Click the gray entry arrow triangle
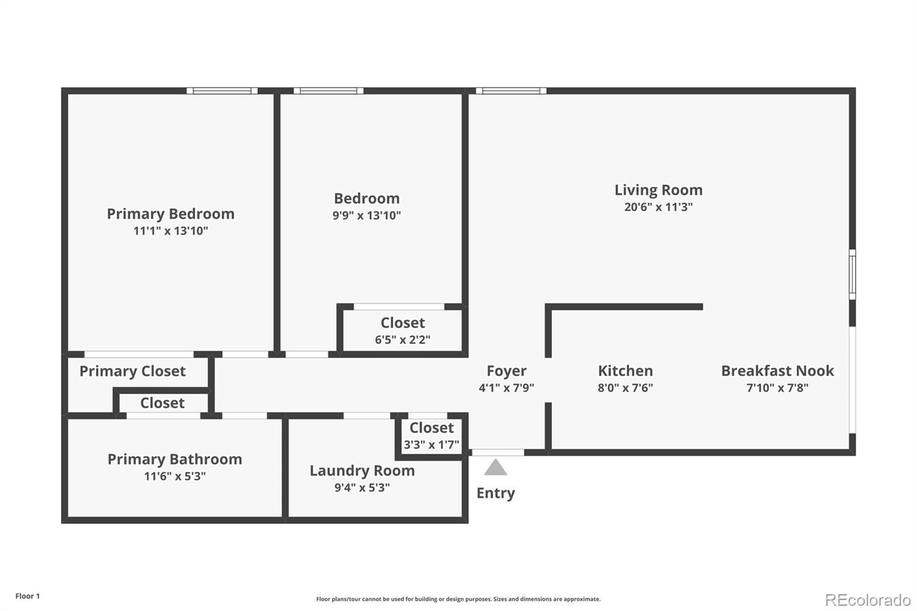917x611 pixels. (495, 468)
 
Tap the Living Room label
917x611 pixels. (658, 190)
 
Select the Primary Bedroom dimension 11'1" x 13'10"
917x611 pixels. (171, 230)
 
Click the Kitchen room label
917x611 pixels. (625, 371)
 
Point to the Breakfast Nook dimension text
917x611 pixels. (777, 387)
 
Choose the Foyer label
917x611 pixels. (506, 371)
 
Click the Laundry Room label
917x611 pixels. (362, 471)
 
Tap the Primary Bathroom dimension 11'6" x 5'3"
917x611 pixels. (175, 476)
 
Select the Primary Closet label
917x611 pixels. (132, 371)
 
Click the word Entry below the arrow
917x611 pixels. (496, 493)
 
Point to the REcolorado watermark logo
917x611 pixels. (868, 600)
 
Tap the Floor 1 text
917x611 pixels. (28, 596)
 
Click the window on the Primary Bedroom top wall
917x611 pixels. (222, 91)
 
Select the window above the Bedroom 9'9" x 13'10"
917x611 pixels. (328, 91)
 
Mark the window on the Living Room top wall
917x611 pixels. (511, 91)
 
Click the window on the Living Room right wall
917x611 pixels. (852, 274)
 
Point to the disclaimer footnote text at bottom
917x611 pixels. (458, 599)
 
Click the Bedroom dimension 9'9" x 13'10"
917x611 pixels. (367, 216)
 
